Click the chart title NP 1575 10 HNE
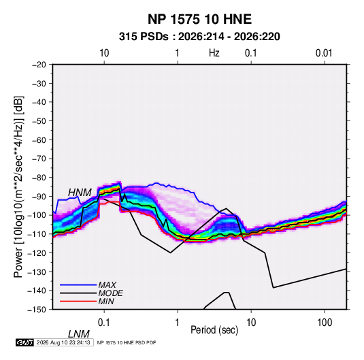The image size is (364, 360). (x=199, y=19)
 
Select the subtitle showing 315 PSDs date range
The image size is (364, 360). (x=199, y=37)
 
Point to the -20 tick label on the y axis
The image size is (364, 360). (x=39, y=65)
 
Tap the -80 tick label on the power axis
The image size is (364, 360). (x=39, y=178)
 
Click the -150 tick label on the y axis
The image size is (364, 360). (x=37, y=310)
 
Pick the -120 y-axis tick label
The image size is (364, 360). (x=37, y=253)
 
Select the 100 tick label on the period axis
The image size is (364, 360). (x=325, y=323)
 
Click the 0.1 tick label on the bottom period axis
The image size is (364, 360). (x=104, y=323)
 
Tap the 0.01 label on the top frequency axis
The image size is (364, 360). (x=324, y=53)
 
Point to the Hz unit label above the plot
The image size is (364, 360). (x=214, y=53)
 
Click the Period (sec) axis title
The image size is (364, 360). (x=214, y=330)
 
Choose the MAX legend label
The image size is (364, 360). (x=107, y=284)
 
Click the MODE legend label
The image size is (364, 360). (x=110, y=293)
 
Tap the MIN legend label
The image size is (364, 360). (x=106, y=301)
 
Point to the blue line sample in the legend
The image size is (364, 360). (x=78, y=285)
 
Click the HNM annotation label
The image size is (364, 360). (x=80, y=193)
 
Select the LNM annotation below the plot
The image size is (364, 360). (x=78, y=334)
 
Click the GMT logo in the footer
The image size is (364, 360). (x=24, y=342)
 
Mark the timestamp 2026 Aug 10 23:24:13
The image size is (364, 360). (x=63, y=342)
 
